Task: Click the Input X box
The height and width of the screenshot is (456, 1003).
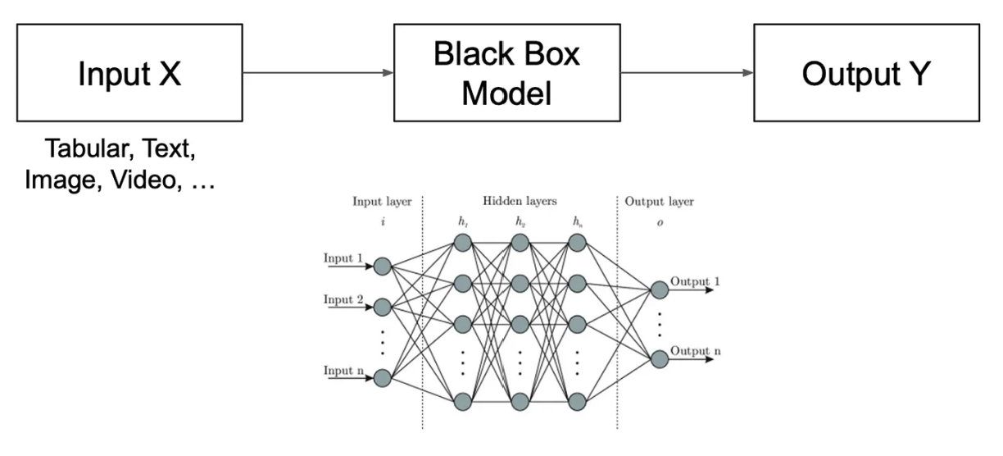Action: (x=129, y=73)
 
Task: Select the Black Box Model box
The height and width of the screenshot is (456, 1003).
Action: (x=506, y=73)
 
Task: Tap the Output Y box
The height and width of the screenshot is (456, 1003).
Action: (x=866, y=73)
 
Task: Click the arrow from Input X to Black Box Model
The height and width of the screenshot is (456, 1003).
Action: (x=318, y=73)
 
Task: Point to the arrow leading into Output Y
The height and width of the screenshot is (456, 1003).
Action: (x=687, y=73)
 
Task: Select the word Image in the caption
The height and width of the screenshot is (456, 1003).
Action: (x=59, y=180)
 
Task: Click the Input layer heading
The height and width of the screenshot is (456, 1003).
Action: (x=382, y=202)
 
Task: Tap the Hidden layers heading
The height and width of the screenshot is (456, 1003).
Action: (x=519, y=202)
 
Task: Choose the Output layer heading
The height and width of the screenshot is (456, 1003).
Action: (x=658, y=202)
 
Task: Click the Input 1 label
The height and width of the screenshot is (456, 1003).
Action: (x=343, y=259)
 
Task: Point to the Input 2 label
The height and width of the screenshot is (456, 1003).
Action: (x=343, y=300)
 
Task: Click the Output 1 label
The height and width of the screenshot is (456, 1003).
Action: (x=695, y=282)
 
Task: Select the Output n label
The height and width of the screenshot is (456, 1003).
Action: (x=695, y=352)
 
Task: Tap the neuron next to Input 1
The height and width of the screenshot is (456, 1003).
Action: (x=382, y=266)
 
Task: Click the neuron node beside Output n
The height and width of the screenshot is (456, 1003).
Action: (x=659, y=358)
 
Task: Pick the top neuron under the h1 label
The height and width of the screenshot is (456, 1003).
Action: (x=462, y=243)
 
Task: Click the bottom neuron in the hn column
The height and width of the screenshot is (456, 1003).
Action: (x=577, y=402)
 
